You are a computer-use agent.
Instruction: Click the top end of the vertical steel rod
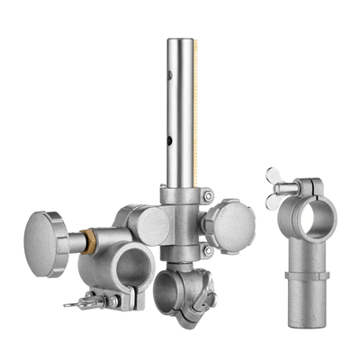click(x=181, y=41)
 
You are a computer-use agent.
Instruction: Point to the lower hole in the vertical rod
click(x=170, y=140)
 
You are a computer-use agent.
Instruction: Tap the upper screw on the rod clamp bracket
click(x=207, y=196)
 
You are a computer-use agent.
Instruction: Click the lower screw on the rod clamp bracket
click(x=207, y=252)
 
